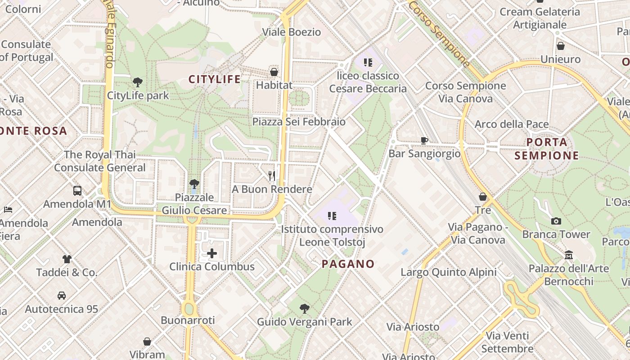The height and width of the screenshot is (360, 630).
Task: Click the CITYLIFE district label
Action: click(214, 80)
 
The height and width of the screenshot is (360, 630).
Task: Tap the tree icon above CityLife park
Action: click(138, 82)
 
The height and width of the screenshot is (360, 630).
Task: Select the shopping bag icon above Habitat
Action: click(274, 72)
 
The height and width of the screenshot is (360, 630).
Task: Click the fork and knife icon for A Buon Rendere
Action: click(272, 175)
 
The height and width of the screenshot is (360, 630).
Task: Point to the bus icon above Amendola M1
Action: click(77, 190)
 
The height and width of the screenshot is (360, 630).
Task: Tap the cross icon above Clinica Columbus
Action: click(212, 253)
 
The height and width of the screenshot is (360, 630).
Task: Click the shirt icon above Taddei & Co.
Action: click(67, 259)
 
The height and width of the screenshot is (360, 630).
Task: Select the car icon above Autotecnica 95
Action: click(62, 296)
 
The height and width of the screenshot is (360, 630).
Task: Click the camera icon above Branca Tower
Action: click(556, 221)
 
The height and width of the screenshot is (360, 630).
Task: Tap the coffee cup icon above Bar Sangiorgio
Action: click(424, 140)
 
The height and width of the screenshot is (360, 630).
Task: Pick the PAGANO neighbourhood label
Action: click(348, 264)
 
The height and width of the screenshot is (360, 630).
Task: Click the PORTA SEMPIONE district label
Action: click(547, 149)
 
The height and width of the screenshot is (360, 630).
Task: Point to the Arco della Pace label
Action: click(512, 124)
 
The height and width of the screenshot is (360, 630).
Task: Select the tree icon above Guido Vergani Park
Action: click(305, 308)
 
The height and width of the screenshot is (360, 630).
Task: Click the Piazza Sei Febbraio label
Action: click(299, 121)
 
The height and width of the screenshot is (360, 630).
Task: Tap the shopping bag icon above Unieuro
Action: click(561, 46)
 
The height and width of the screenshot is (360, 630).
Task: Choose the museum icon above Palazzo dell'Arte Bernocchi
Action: click(569, 255)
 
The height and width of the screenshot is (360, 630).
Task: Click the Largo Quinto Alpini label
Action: click(449, 272)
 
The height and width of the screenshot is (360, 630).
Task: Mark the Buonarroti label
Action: click(188, 320)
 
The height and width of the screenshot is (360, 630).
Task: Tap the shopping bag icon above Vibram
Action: click(147, 342)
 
